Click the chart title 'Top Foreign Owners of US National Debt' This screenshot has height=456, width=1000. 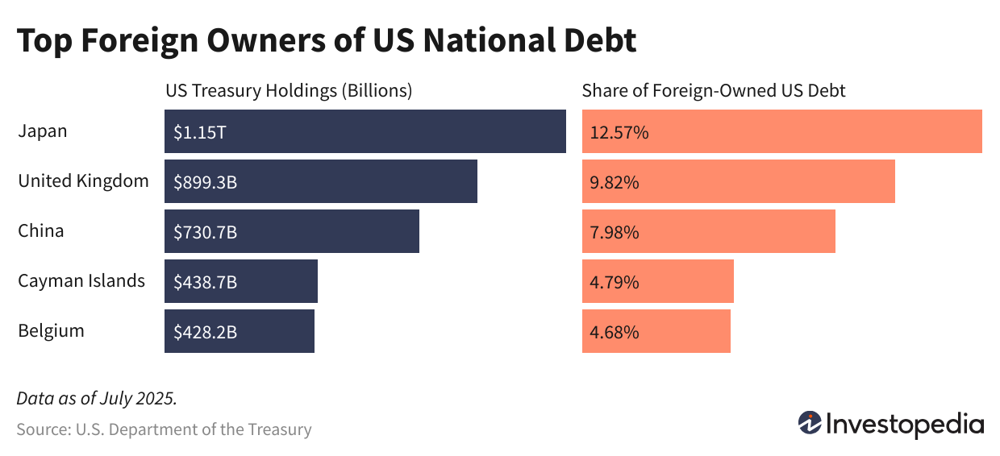[327, 41]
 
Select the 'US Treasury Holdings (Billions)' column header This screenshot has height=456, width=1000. [289, 90]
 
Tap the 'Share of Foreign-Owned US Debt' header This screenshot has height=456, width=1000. [714, 90]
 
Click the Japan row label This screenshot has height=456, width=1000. [43, 131]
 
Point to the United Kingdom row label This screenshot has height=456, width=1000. [84, 181]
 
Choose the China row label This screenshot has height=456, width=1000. [41, 231]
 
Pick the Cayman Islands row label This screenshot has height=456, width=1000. [82, 281]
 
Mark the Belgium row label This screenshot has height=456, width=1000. [52, 331]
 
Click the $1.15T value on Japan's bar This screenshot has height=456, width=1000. [200, 132]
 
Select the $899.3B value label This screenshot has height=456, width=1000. [206, 182]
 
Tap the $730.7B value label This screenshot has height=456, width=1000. [206, 232]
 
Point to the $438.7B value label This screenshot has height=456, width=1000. [206, 282]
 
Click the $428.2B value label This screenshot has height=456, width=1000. [206, 332]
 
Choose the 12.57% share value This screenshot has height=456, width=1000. [619, 132]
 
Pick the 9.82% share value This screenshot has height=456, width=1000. [615, 182]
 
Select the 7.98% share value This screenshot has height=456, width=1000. [615, 232]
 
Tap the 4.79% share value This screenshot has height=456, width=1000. [615, 282]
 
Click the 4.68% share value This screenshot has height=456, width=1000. [615, 332]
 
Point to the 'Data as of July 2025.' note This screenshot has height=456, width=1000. [96, 397]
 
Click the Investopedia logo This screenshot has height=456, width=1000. [891, 424]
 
